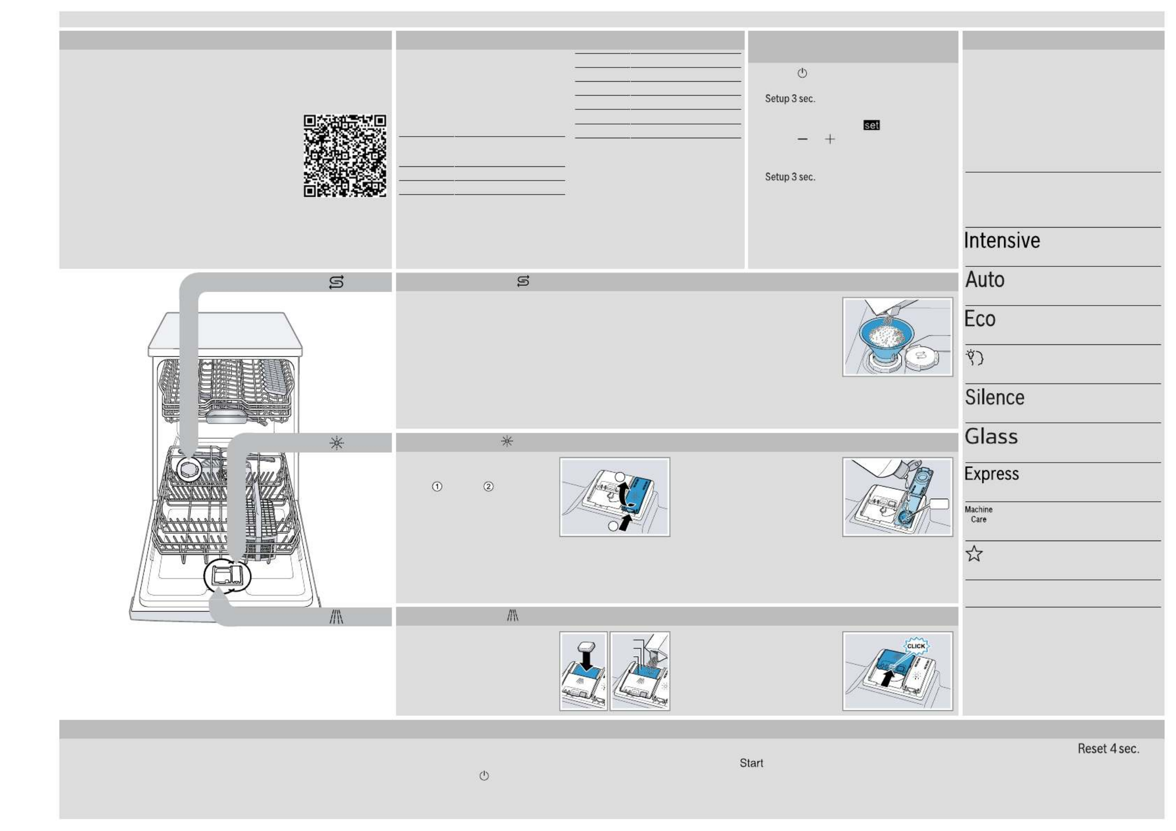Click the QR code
(x=345, y=156)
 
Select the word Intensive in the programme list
(x=1002, y=241)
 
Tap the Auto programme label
(x=985, y=279)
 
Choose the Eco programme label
(x=980, y=319)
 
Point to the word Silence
(x=994, y=397)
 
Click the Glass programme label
(x=991, y=436)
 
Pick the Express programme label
(x=992, y=474)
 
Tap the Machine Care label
(x=979, y=514)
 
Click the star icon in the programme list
(x=974, y=554)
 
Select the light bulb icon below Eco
(x=974, y=357)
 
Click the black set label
(x=871, y=125)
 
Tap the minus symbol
(x=802, y=139)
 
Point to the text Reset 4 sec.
(x=1108, y=749)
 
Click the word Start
(x=751, y=763)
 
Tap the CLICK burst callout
(x=916, y=646)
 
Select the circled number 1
(x=437, y=487)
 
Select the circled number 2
(x=489, y=487)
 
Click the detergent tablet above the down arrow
(x=586, y=646)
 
